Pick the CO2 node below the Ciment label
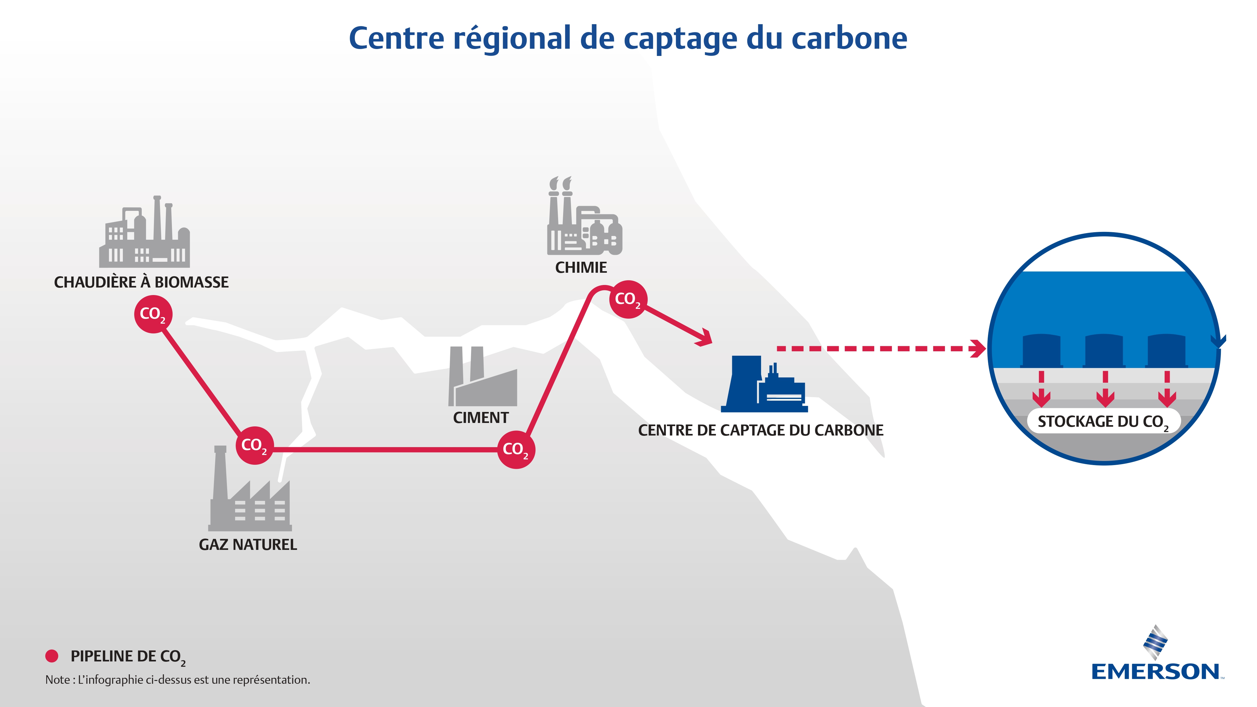[516, 449]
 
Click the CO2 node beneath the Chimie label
[628, 299]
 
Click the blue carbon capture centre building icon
[764, 386]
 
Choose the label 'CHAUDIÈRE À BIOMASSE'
[141, 282]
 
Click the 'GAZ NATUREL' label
[248, 545]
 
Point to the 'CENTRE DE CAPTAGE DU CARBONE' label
[761, 430]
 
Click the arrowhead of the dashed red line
[978, 348]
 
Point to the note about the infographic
[178, 680]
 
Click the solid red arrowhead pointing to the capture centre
[705, 338]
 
